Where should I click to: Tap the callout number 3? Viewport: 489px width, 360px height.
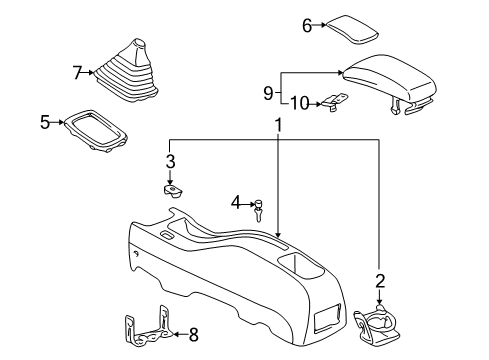170,161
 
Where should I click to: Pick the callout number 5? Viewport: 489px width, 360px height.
45,123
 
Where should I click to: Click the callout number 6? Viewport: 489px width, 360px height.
308,26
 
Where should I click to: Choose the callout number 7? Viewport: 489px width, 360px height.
77,72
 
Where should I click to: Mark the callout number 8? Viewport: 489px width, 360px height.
194,335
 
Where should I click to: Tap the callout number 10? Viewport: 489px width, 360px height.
300,102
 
